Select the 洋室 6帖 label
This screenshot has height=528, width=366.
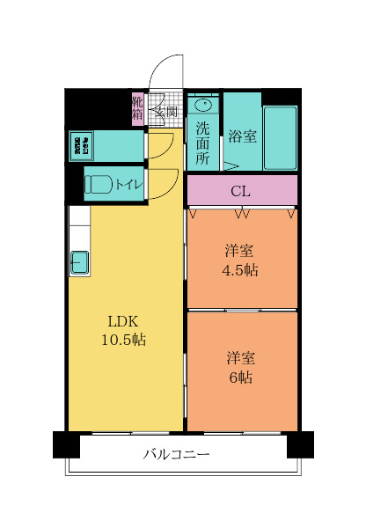pyautogui.click(x=239, y=367)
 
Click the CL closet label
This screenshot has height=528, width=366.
pyautogui.click(x=239, y=190)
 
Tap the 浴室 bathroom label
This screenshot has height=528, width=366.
pyautogui.click(x=242, y=136)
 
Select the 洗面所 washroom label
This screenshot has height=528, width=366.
pyautogui.click(x=202, y=141)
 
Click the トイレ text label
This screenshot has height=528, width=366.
pyautogui.click(x=129, y=185)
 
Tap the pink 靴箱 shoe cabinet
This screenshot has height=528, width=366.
pyautogui.click(x=138, y=109)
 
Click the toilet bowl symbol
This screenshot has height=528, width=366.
pyautogui.click(x=99, y=185)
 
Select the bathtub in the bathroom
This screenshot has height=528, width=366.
pyautogui.click(x=281, y=137)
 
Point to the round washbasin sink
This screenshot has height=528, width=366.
pyautogui.click(x=201, y=104)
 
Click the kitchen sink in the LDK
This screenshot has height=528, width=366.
pyautogui.click(x=79, y=261)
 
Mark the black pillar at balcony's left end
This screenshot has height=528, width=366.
pyautogui.click(x=66, y=444)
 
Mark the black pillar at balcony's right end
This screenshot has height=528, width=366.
pyautogui.click(x=300, y=444)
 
